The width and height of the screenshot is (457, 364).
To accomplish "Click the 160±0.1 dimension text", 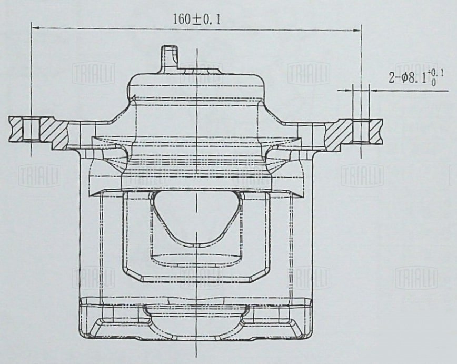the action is (x=197, y=19).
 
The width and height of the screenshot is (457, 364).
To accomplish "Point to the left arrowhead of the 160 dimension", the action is (x=36, y=28).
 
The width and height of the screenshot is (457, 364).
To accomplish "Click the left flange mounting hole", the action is (x=31, y=129).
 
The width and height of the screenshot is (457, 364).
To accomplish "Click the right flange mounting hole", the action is (x=361, y=131).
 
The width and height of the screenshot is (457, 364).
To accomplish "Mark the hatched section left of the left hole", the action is (x=15, y=129).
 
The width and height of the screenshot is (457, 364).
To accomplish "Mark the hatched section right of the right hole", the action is (x=376, y=131).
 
